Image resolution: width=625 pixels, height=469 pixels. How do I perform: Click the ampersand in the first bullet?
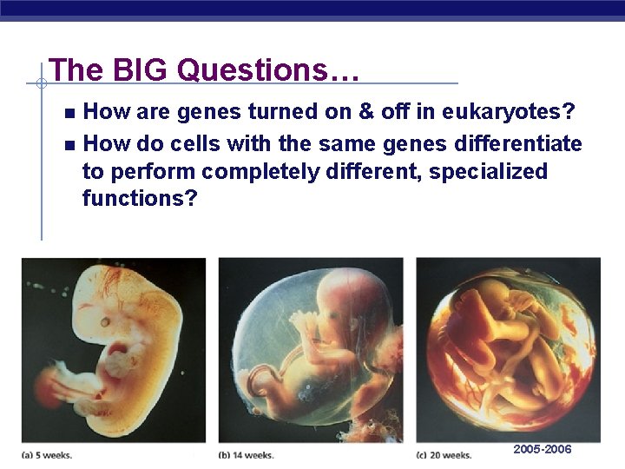(x=353, y=111)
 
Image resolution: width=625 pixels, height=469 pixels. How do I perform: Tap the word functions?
(x=140, y=199)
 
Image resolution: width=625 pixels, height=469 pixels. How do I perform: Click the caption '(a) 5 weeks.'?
(x=47, y=454)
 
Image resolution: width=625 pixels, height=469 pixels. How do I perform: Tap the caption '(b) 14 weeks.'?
(x=246, y=454)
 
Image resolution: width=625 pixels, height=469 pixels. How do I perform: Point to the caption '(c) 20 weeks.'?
(x=444, y=454)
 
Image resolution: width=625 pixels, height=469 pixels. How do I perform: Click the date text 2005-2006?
(x=543, y=449)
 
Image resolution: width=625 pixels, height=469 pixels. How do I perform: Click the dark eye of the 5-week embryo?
(x=103, y=320)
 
